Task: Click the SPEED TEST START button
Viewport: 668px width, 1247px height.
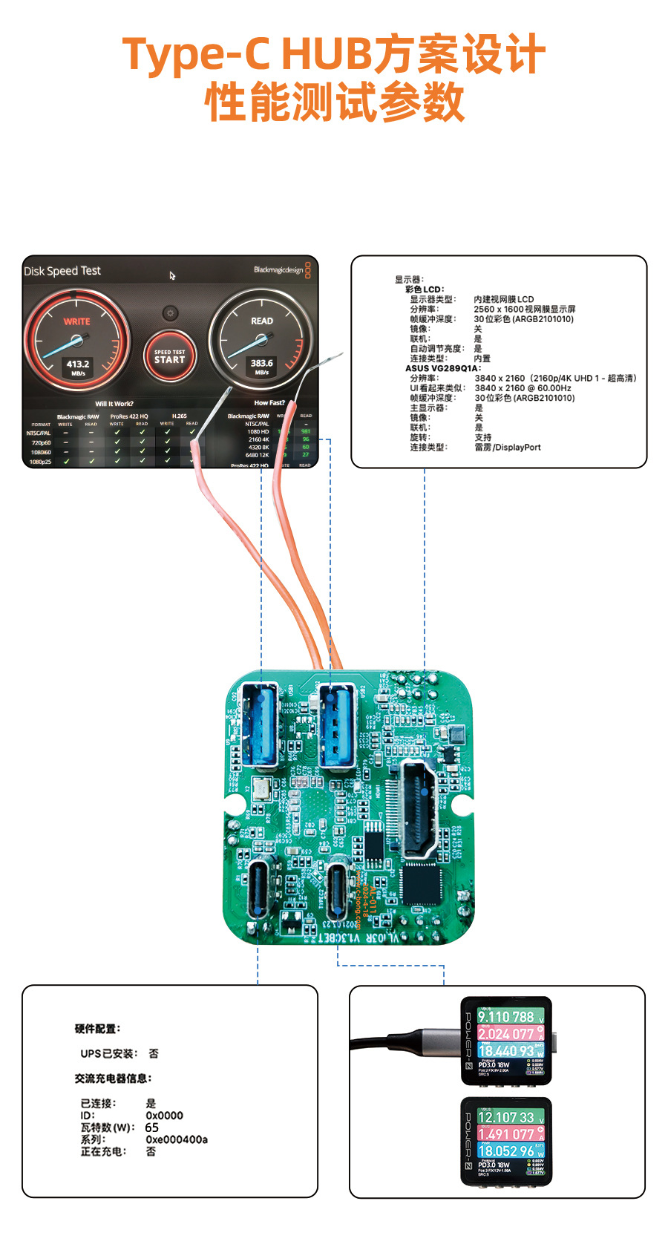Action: (169, 356)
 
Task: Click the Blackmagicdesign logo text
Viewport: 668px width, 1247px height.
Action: (278, 270)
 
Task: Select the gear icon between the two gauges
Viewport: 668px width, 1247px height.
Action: (170, 313)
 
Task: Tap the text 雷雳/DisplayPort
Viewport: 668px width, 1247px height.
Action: (508, 448)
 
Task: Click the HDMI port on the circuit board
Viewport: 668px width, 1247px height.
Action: (419, 808)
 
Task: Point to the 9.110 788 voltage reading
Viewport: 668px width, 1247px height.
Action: (505, 1017)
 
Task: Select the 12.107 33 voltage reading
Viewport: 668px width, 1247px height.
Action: (505, 1117)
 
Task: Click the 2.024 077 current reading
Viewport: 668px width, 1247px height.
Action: (505, 1034)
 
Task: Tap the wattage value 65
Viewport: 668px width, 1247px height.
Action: (151, 1127)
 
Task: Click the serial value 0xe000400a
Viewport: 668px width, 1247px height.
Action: (177, 1139)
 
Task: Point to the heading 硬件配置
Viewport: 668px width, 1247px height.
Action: (97, 1029)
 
